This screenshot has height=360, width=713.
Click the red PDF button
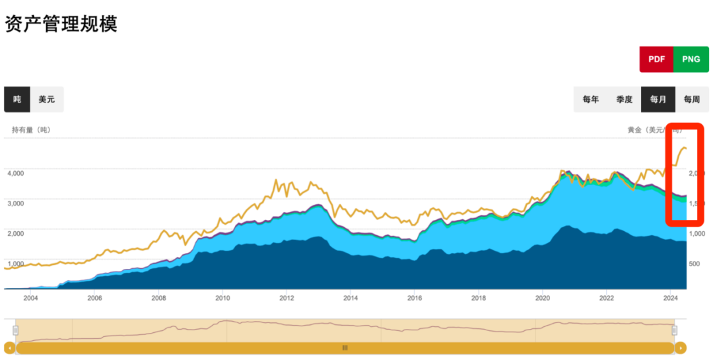[656, 59]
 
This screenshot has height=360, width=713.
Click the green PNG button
[691, 59]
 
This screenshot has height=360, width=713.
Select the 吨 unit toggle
[17, 99]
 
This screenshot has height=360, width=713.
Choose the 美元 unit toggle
[47, 99]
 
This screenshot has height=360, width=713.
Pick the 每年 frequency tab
[591, 100]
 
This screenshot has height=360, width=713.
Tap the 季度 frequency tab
[625, 100]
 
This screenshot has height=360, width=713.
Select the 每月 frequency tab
[658, 100]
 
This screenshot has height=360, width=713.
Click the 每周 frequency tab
[692, 100]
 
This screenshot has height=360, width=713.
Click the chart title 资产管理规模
[61, 24]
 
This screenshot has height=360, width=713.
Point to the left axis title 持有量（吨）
[31, 130]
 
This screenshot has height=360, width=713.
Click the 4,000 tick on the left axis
[16, 173]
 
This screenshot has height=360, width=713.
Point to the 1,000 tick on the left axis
[16, 264]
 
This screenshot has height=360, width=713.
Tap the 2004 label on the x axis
[30, 298]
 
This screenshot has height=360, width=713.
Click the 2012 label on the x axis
[286, 298]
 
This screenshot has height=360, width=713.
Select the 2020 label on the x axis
[542, 298]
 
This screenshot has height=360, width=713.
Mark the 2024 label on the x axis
[670, 298]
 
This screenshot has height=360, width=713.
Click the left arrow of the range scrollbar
[9, 347]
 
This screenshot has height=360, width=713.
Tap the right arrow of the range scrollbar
[681, 347]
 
